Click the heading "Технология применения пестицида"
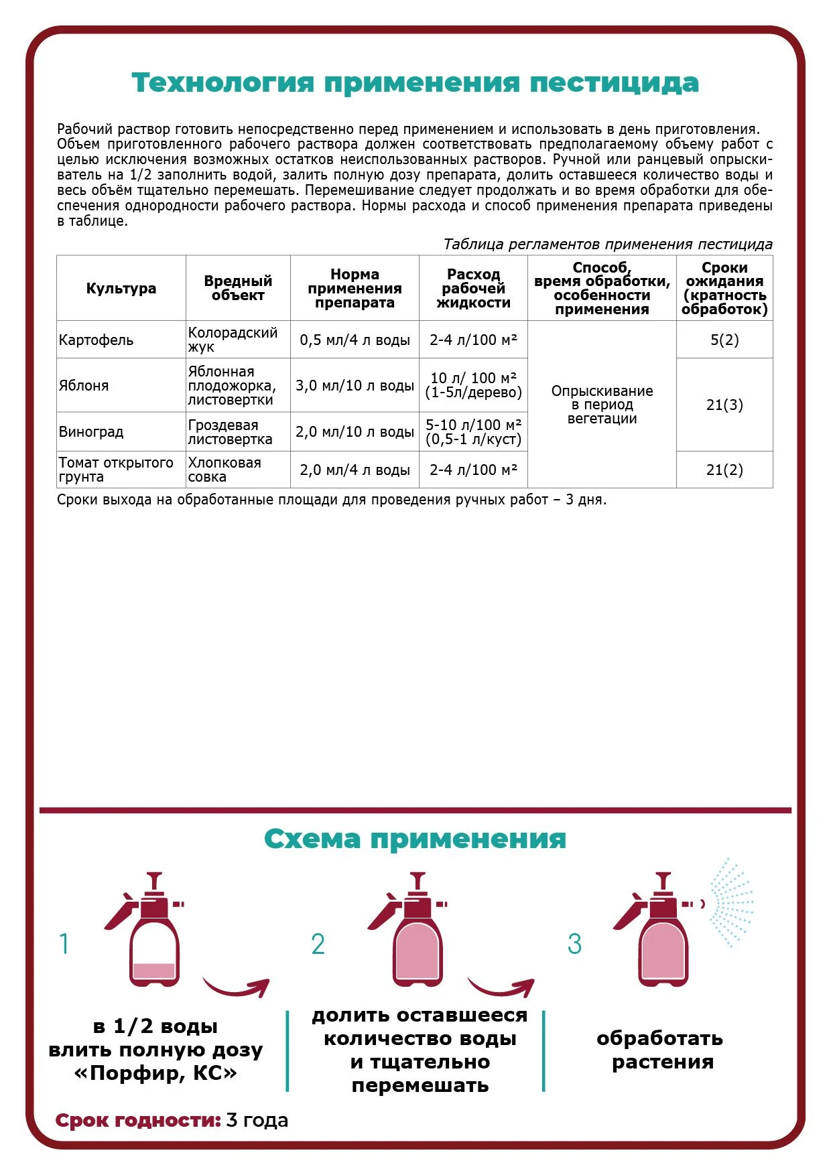click(x=415, y=83)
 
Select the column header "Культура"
click(x=121, y=289)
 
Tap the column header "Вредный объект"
click(x=238, y=288)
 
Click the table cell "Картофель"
click(x=97, y=340)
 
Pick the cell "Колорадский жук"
click(x=232, y=340)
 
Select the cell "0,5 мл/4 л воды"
click(x=355, y=340)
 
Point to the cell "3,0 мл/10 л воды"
click(x=355, y=386)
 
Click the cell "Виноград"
click(x=91, y=432)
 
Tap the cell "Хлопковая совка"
click(x=224, y=470)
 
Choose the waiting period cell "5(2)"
click(x=724, y=340)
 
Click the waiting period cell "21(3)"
click(x=724, y=405)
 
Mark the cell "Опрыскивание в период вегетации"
click(x=602, y=405)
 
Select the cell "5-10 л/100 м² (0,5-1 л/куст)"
click(x=473, y=432)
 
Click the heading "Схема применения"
click(x=415, y=839)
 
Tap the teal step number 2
click(x=318, y=945)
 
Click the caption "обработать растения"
click(x=660, y=1050)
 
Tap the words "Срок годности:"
click(x=138, y=1120)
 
